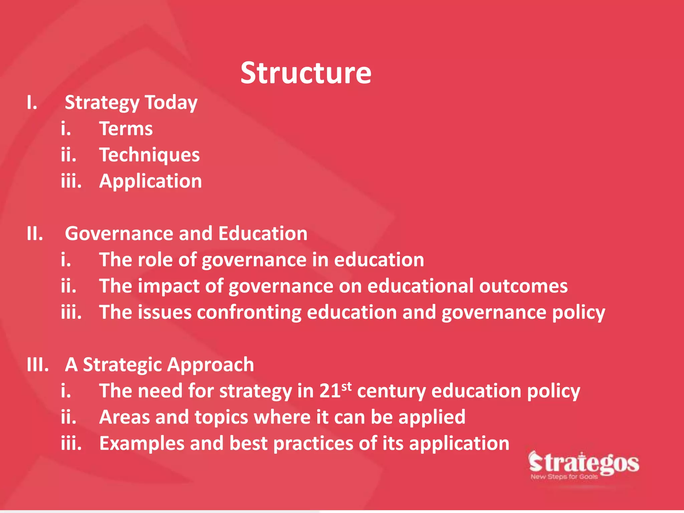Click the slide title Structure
coord(306,73)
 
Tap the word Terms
coord(126,129)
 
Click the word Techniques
coord(149,155)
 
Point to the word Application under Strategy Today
coord(150,181)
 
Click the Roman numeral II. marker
coord(35,233)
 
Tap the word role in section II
coord(155,260)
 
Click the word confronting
coord(249,313)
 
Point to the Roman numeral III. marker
coord(37,364)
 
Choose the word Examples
coord(142,444)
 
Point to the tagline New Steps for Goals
coord(564,477)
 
